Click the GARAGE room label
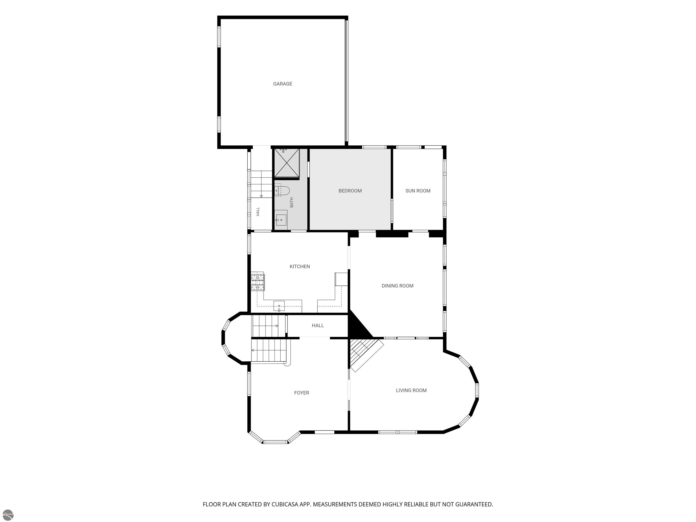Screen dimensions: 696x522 click(283, 84)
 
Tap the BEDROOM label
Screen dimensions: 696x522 click(350, 191)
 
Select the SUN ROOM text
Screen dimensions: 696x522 click(418, 191)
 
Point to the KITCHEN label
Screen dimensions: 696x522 click(300, 266)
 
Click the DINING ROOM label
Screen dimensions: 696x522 click(397, 286)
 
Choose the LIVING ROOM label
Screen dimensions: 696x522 click(411, 390)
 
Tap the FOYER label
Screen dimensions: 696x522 click(301, 393)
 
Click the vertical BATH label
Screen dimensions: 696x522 click(292, 202)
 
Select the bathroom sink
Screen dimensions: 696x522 click(281, 218)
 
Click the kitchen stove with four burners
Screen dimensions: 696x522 click(258, 281)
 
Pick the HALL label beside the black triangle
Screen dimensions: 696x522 click(318, 325)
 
